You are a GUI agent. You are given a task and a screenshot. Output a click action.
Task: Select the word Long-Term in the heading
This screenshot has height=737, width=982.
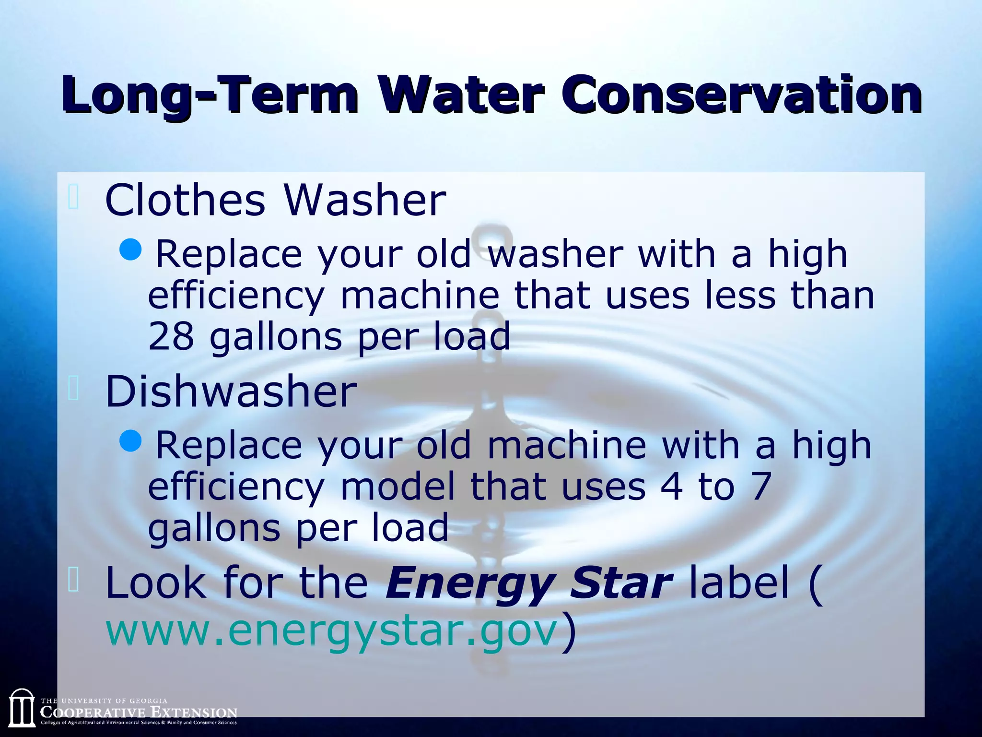(x=210, y=96)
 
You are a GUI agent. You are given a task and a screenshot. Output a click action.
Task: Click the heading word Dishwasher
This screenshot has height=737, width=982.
(x=231, y=392)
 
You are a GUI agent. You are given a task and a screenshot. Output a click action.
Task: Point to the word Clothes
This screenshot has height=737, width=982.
(x=185, y=200)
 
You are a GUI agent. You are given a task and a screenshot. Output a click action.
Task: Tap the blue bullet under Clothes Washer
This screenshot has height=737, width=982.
(x=130, y=249)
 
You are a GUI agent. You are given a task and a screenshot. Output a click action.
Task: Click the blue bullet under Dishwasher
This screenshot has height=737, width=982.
(x=130, y=440)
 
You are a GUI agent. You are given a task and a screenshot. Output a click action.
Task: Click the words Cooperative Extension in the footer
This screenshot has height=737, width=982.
(x=139, y=712)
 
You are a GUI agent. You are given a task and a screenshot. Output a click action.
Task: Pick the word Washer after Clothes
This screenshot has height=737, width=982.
(x=365, y=200)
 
